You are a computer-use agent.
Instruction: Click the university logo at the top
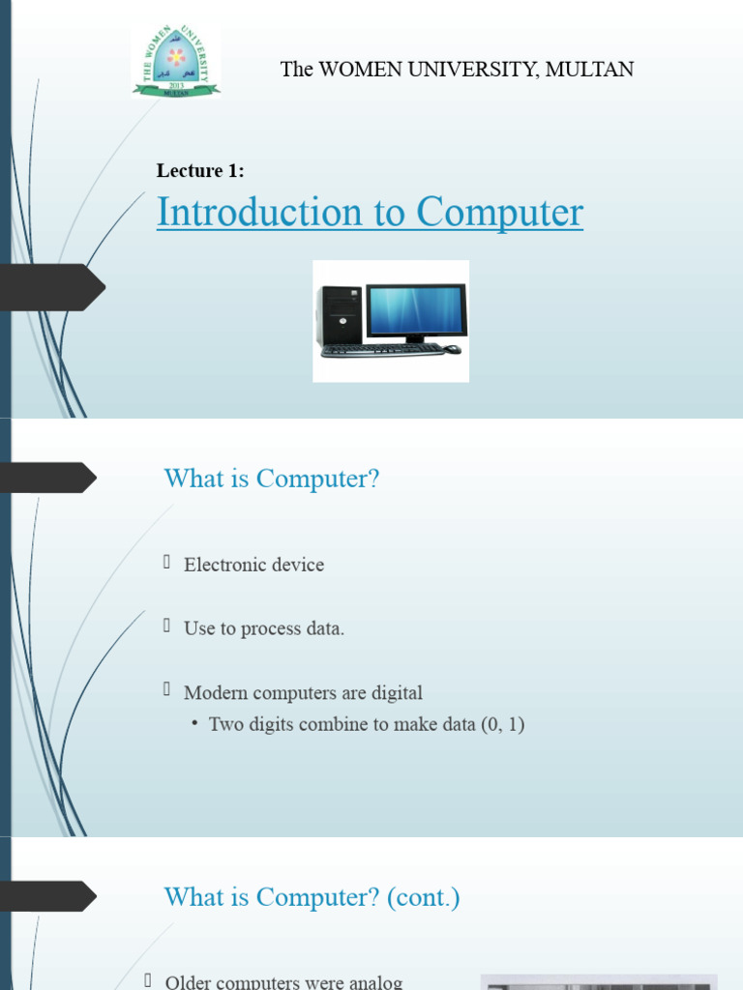pos(176,62)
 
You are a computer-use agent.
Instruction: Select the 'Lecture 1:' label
pos(200,171)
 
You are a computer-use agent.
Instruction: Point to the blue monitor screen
pos(416,309)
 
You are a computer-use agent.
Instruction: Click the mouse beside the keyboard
pos(452,349)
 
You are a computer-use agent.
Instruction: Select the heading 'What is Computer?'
pos(272,479)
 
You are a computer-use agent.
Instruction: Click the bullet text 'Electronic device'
pos(253,565)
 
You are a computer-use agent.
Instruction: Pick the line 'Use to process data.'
pos(264,628)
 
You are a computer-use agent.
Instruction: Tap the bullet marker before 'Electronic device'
pos(166,562)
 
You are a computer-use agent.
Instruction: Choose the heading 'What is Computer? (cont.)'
pos(312,897)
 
